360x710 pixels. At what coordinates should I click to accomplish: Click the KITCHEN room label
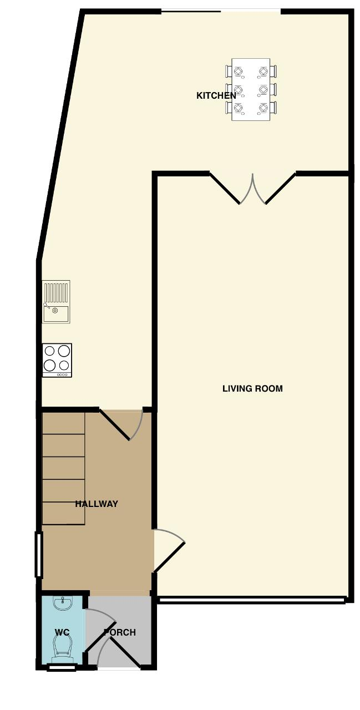(216, 95)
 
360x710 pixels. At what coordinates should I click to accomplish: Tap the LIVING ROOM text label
(252, 388)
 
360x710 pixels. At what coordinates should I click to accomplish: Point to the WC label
(62, 632)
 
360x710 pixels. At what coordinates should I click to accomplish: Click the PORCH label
(120, 632)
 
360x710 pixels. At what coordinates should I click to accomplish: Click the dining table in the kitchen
(251, 89)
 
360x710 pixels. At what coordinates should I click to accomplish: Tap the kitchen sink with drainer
(56, 302)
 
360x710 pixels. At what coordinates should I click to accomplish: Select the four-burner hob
(57, 361)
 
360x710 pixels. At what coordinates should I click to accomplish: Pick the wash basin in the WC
(63, 603)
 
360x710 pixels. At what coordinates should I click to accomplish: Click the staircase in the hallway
(63, 468)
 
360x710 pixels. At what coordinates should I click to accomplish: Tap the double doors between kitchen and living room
(252, 188)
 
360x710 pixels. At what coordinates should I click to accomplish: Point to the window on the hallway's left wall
(38, 555)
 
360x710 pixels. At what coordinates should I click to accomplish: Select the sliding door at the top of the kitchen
(221, 12)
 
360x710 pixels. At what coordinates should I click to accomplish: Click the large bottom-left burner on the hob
(50, 365)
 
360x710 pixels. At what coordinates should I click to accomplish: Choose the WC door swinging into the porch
(102, 613)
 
